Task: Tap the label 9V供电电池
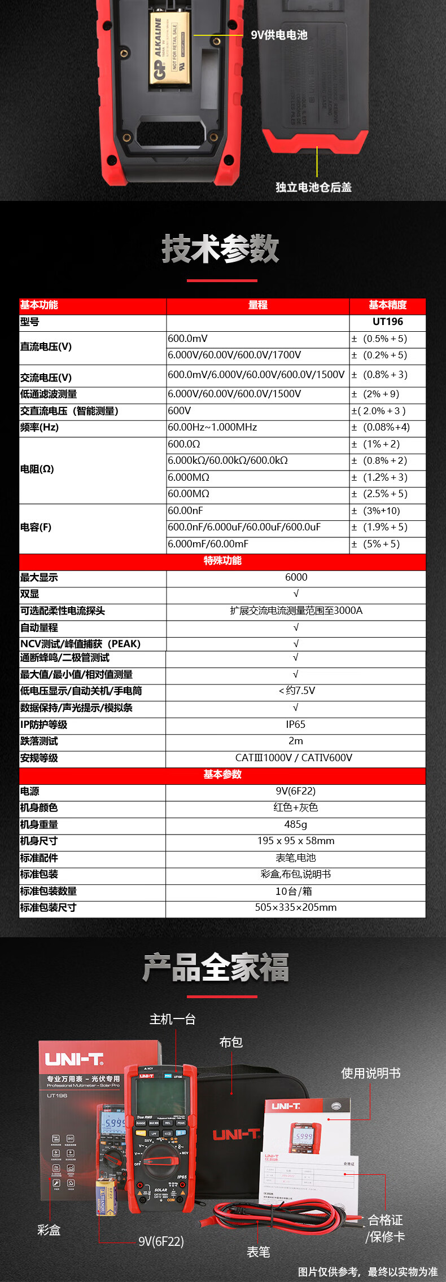(279, 35)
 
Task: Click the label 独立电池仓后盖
(313, 187)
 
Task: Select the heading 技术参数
(221, 249)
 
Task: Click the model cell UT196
(388, 322)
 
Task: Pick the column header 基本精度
(388, 305)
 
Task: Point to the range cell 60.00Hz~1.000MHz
(212, 427)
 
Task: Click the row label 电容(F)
(36, 527)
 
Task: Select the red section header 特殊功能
(222, 560)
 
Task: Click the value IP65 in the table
(295, 725)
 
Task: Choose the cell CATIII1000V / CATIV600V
(294, 758)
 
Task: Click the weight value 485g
(296, 824)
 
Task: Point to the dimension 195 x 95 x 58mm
(296, 841)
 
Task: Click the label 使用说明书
(371, 1073)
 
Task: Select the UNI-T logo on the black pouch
(236, 1134)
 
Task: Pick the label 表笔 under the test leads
(259, 1252)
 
